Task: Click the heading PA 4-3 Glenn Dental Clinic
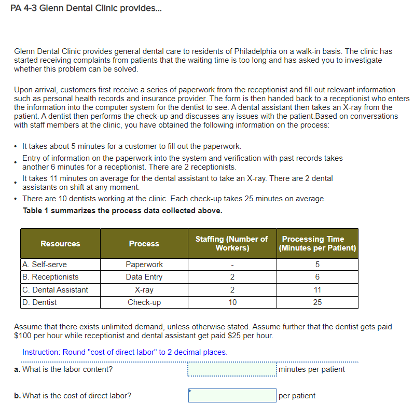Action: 86,11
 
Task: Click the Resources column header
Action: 60,244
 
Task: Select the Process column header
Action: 144,244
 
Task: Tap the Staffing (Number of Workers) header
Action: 231,244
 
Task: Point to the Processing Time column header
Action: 318,244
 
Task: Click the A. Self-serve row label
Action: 45,265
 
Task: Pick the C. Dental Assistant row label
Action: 55,289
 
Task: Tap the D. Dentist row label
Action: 39,302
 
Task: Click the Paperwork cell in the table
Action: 144,265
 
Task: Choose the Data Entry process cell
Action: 144,277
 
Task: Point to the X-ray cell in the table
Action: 144,289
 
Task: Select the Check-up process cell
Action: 144,302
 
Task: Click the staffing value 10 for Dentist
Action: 232,302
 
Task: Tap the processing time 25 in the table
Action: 318,302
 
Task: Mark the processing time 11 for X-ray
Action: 318,289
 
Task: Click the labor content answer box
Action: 232,369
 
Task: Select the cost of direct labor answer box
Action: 232,396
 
